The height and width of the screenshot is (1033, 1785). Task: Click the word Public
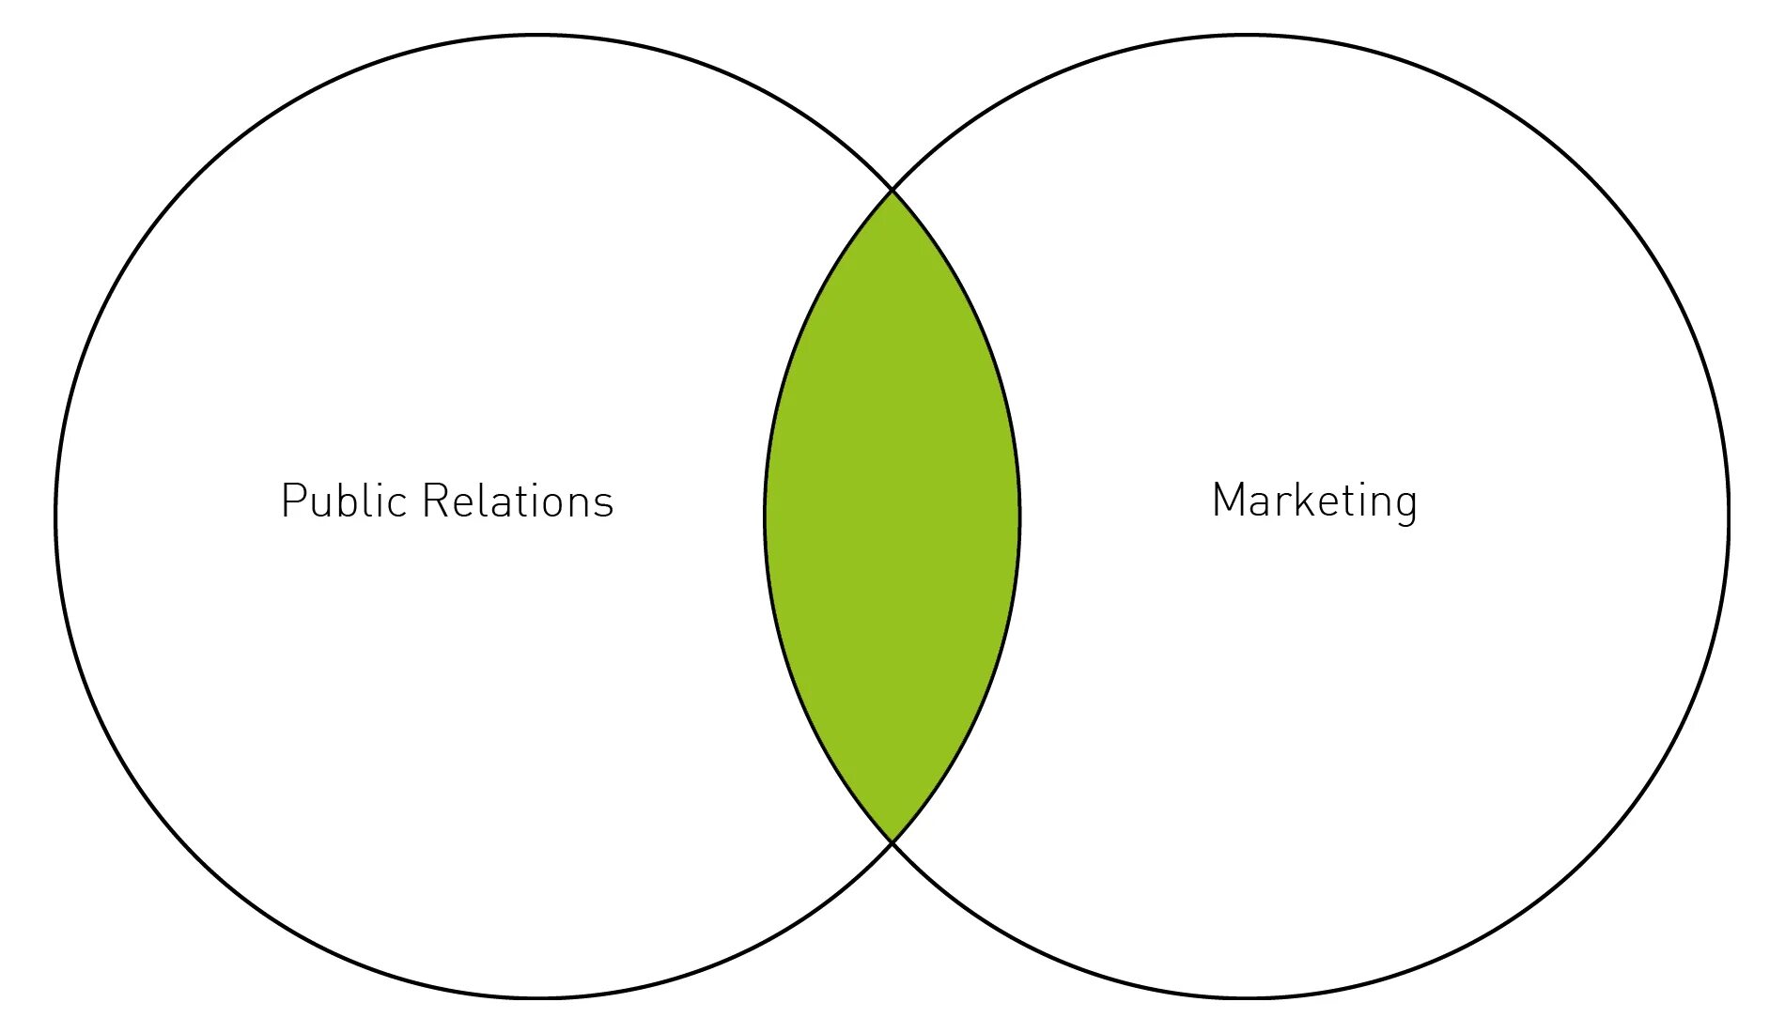342,501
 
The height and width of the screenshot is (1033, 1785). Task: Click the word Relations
518,501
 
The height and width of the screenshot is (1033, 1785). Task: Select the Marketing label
1313,501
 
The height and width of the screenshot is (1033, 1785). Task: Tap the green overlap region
892,516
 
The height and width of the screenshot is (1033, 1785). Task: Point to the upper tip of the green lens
892,192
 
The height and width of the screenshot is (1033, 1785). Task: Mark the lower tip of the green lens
892,841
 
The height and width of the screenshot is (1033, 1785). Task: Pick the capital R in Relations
436,501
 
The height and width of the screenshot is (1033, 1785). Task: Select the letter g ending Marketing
1405,504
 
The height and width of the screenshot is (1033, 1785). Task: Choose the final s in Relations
603,504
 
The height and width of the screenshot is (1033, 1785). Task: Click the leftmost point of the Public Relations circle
56,516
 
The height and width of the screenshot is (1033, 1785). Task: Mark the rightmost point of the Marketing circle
1728,516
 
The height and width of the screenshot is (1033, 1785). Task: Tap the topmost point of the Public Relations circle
537,36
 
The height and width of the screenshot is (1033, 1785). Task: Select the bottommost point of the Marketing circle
1246,997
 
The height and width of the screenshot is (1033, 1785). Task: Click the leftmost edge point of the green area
766,516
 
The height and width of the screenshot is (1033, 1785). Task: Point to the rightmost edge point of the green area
1019,516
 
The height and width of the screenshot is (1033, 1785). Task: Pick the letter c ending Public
397,504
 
